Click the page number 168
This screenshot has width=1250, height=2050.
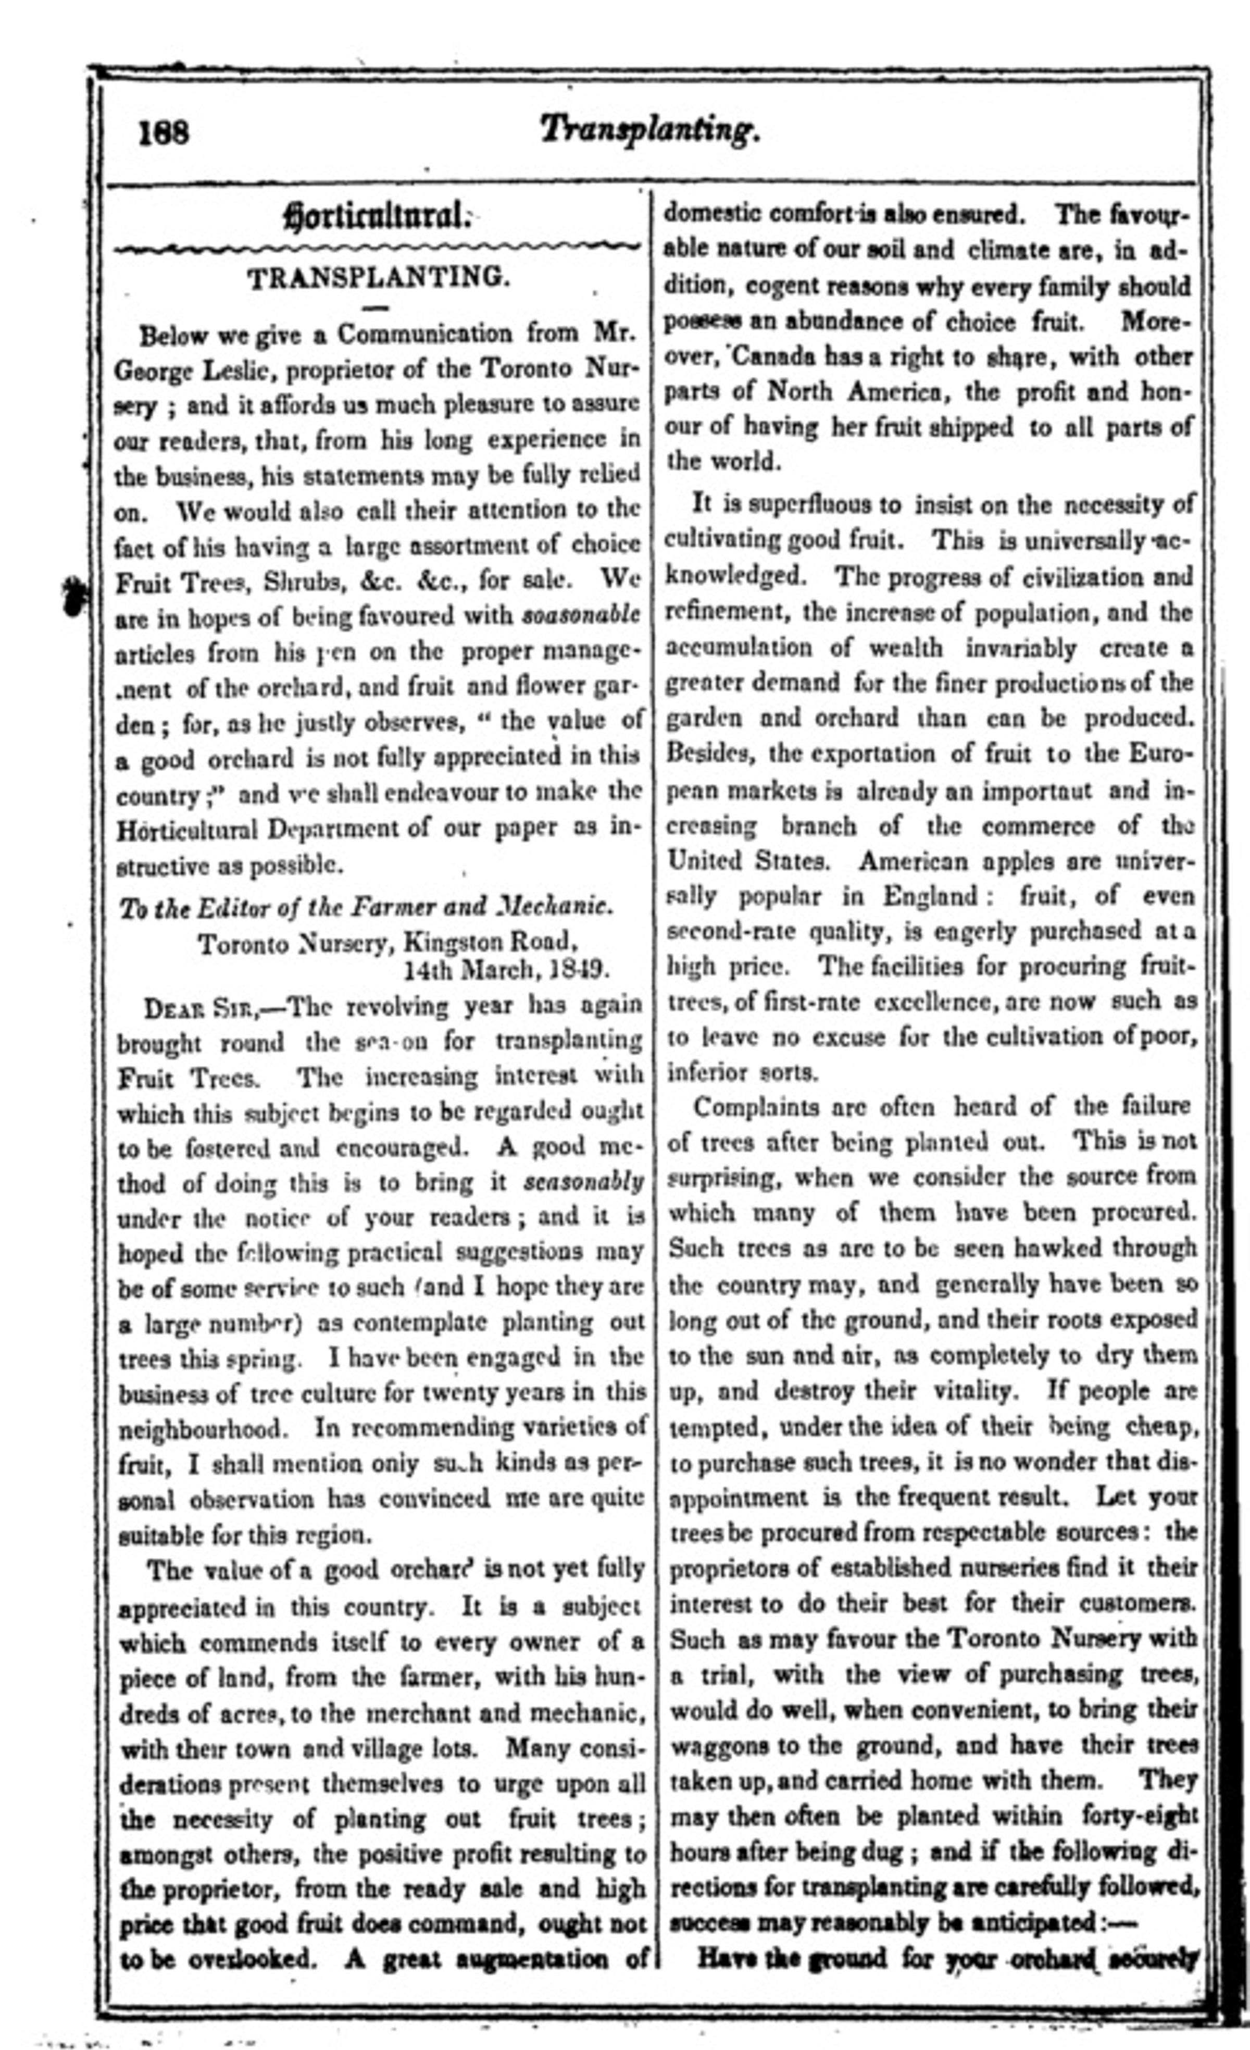165,133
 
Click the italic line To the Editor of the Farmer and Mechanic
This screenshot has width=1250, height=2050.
366,906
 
